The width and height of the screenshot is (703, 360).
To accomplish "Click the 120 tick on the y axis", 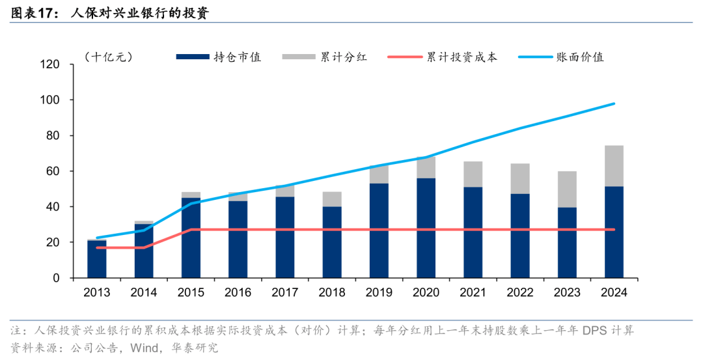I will (68, 64).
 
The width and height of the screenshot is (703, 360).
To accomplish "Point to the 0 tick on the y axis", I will (74, 278).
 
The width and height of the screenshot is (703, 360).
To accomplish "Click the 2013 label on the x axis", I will (97, 293).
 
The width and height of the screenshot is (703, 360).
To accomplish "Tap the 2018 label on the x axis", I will (331, 293).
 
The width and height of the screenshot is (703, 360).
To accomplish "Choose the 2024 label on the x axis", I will (613, 293).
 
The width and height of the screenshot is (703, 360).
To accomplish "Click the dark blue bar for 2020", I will (426, 228).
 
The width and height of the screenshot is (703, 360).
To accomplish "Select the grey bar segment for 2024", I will (614, 166).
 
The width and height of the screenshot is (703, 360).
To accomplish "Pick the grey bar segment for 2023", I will (566, 189).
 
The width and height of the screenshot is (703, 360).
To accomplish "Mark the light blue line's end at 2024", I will (614, 104).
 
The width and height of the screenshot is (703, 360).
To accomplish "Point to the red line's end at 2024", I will (614, 229).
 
